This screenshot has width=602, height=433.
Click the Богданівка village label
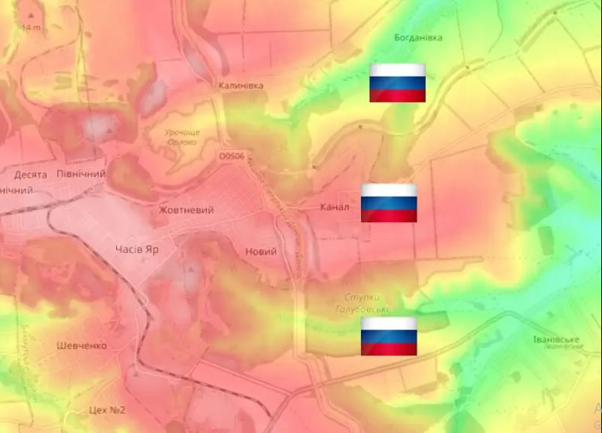click(418, 37)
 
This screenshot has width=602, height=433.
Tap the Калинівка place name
click(241, 85)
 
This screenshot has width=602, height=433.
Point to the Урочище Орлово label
click(181, 136)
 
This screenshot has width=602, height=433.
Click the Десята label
click(30, 175)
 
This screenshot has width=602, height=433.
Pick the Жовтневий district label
click(186, 210)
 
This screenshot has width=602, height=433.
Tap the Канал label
click(335, 207)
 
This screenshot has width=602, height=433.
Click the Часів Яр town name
click(136, 249)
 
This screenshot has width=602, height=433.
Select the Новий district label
click(261, 252)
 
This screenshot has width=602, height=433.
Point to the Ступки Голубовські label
click(362, 303)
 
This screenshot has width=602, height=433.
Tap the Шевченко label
click(81, 346)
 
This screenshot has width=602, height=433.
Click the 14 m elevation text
click(31, 28)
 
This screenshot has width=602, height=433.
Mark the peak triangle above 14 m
click(31, 14)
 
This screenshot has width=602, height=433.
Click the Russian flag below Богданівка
click(397, 82)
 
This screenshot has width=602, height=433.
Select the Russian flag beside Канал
click(389, 203)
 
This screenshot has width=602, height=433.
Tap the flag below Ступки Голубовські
click(389, 336)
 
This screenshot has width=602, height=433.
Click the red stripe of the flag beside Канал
click(389, 216)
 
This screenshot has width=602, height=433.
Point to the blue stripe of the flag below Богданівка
click(397, 83)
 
